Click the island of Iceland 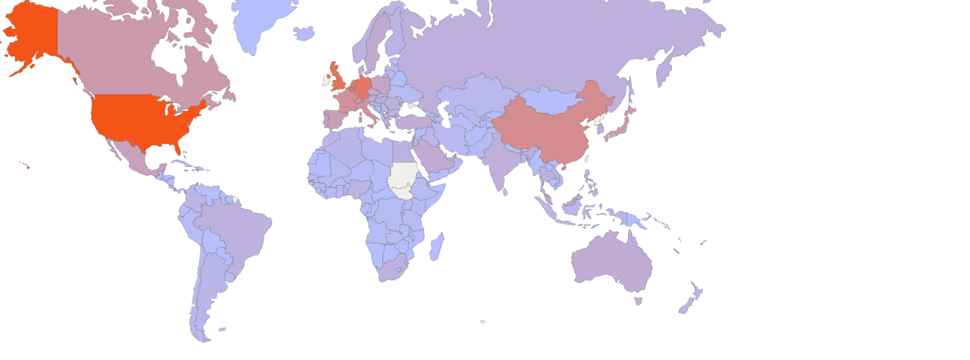(305, 33)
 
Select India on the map (501, 162)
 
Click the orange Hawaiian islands (27, 166)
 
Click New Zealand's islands (691, 300)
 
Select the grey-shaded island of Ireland (326, 81)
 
